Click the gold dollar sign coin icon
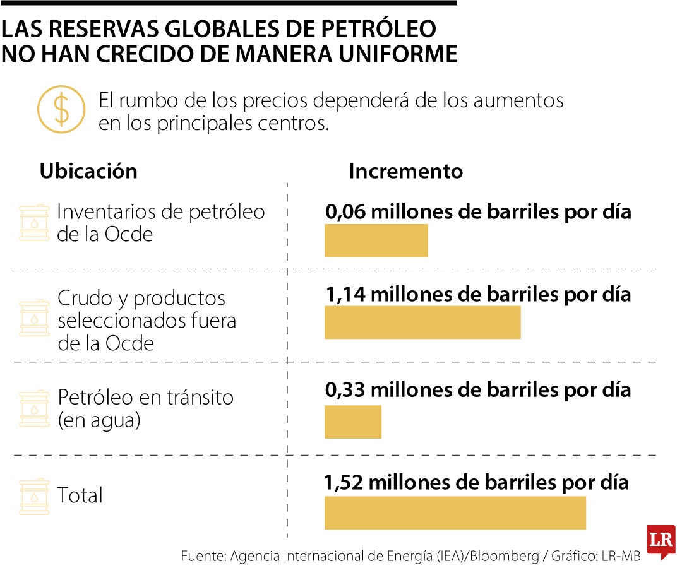pos(61,110)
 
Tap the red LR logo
pos(661,540)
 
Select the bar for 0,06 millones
pos(376,240)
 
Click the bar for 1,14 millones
pos(422,322)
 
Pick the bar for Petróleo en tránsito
pos(352,422)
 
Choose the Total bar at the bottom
pos(455,512)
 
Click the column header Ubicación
pos(88,171)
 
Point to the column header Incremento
pos(405,171)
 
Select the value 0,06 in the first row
pos(345,211)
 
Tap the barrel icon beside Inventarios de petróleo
pos(34,223)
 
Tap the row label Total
pos(80,495)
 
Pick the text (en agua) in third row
pos(99,420)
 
